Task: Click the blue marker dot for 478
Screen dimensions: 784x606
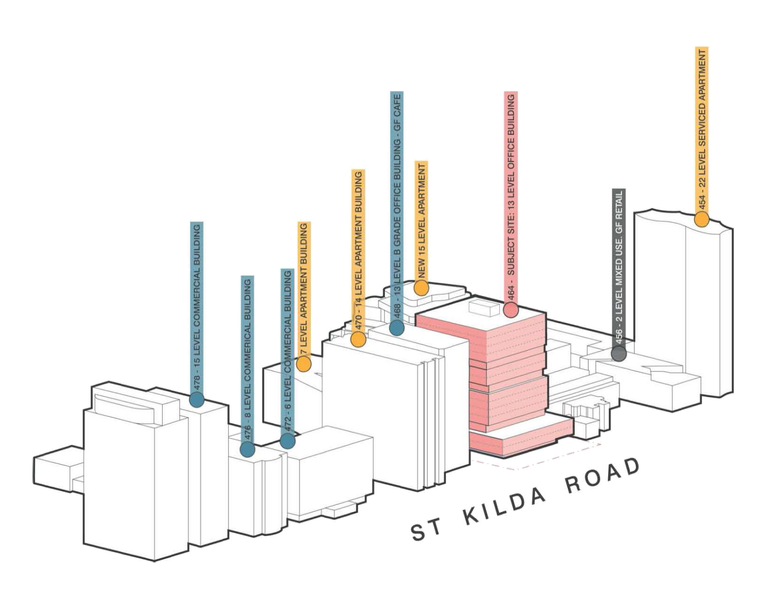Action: [197, 400]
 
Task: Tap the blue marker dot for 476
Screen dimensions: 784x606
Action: [247, 450]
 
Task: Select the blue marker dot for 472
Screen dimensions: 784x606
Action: [288, 441]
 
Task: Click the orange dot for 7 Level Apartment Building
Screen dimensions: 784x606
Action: [304, 364]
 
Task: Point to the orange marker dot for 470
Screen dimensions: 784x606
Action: [358, 340]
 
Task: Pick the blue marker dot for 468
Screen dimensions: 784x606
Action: [397, 328]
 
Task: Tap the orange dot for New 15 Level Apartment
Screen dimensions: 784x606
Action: [421, 288]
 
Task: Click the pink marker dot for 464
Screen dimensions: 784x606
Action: [511, 310]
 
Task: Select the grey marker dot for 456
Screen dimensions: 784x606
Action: [619, 353]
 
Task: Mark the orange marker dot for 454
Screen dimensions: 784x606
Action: [702, 219]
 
